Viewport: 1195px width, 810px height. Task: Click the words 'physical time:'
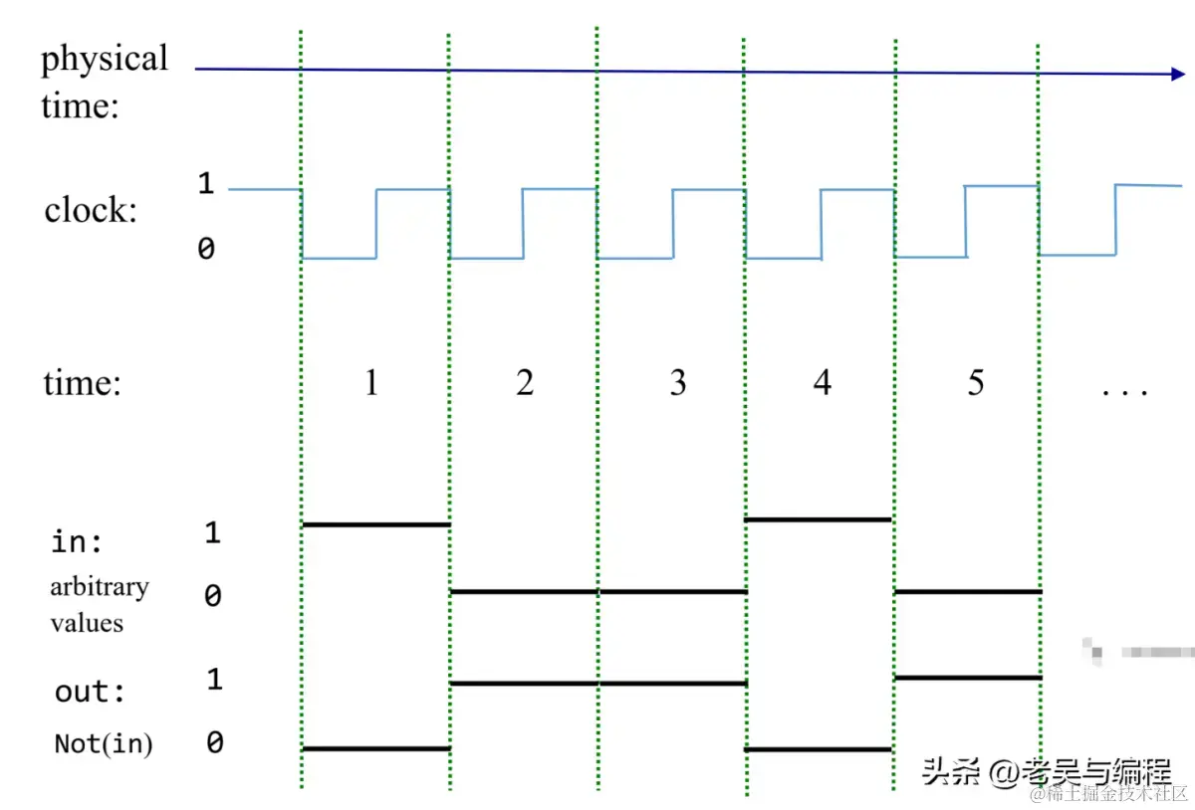[104, 81]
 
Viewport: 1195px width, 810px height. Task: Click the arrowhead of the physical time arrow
[1178, 74]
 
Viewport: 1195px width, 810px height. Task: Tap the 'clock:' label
[91, 210]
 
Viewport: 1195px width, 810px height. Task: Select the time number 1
[371, 383]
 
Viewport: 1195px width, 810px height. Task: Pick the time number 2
[525, 383]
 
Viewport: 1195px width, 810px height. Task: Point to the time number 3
[677, 383]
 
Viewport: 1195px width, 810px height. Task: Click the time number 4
[822, 383]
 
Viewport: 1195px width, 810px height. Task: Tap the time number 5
[975, 383]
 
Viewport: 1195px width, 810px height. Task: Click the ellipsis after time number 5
[1124, 391]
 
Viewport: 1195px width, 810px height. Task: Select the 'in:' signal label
[78, 542]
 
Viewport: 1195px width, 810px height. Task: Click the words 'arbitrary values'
[99, 604]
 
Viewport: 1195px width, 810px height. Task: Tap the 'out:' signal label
[91, 692]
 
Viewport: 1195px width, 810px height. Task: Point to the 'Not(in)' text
[104, 743]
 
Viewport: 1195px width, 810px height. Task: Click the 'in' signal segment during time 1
[375, 523]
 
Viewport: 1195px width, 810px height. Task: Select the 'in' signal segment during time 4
[818, 519]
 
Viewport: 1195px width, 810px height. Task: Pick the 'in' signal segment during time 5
[968, 591]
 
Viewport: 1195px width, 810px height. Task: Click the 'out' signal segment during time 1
[375, 748]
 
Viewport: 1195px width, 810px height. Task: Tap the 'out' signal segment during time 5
[968, 678]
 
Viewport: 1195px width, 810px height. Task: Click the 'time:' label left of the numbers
[82, 383]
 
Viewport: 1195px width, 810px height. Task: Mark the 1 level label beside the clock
[206, 184]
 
